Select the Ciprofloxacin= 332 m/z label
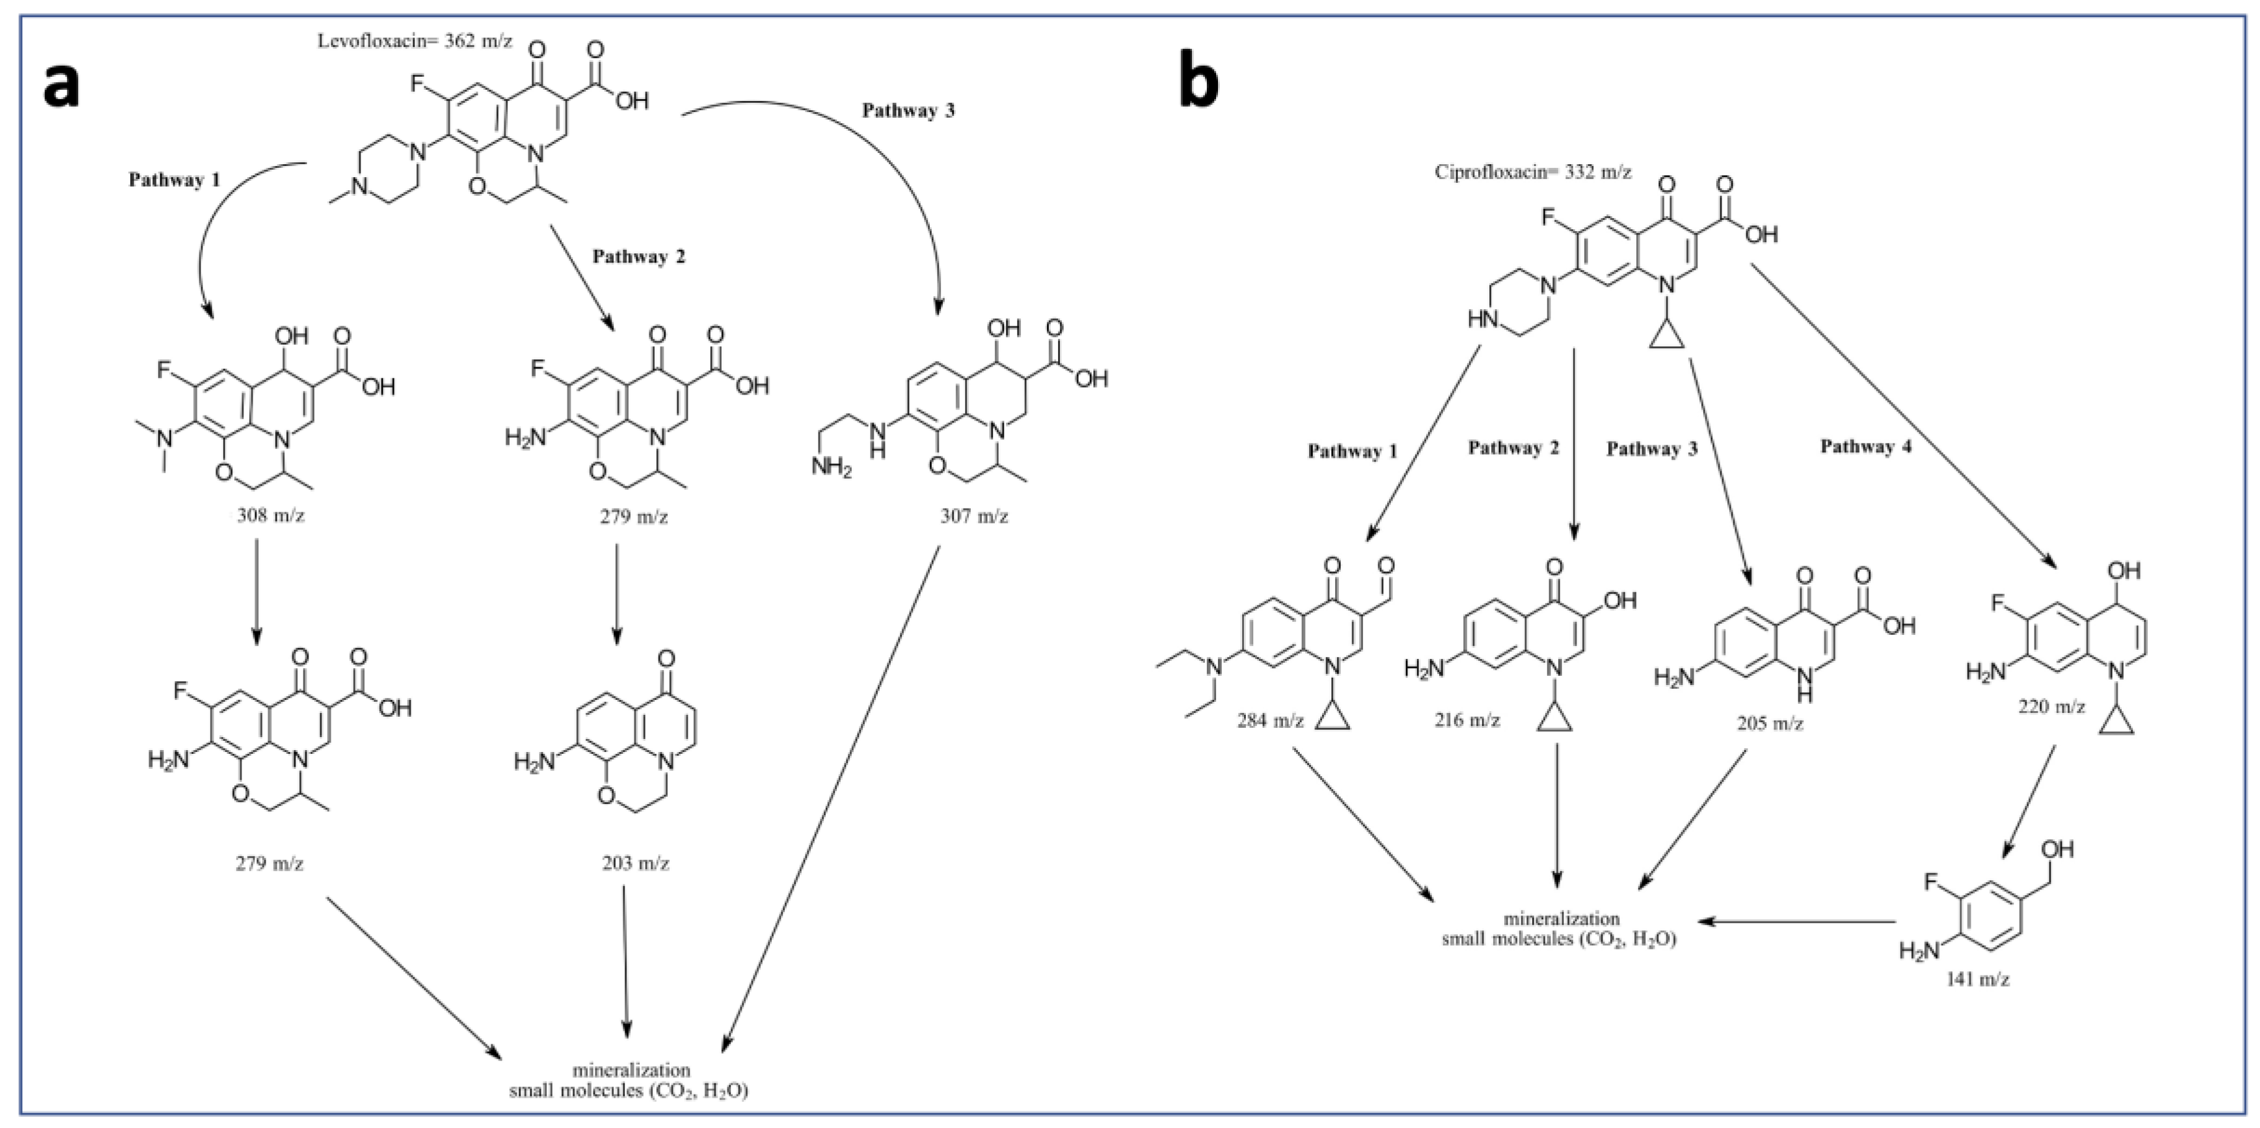coord(1533,172)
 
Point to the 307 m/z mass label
coord(974,517)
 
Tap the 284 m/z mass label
coord(1271,722)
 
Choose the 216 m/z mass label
coord(1467,721)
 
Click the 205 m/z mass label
coord(1769,724)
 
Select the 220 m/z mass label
coord(2051,706)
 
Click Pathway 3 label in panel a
coord(908,110)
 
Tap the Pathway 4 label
coord(1865,447)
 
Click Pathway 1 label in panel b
coord(1352,451)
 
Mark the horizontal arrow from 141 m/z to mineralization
coord(1798,922)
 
